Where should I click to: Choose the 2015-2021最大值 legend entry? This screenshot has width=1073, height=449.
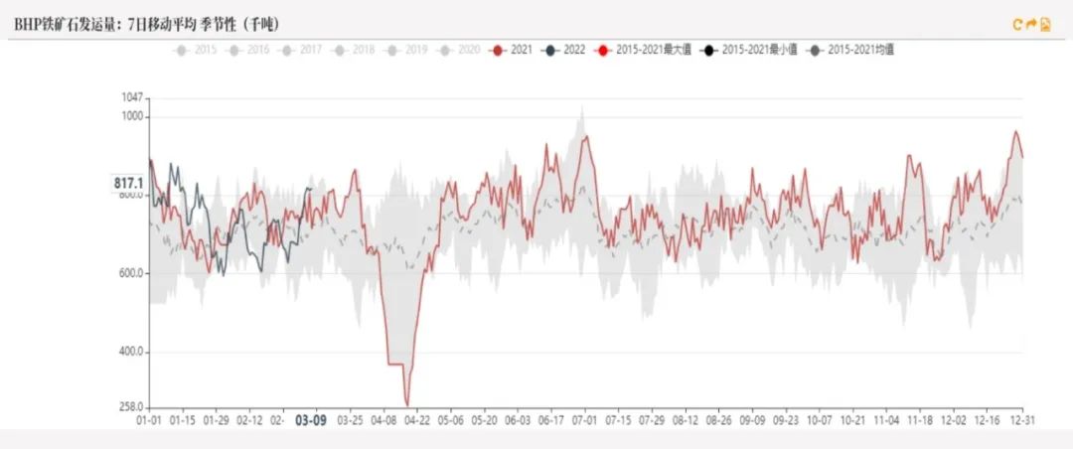[640, 49]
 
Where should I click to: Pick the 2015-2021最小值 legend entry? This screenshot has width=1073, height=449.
[747, 49]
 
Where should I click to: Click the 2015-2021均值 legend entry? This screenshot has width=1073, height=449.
[850, 49]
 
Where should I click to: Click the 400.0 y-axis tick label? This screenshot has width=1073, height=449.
[130, 352]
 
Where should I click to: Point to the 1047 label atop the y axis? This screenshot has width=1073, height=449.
[132, 97]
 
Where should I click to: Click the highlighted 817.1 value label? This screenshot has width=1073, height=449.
[129, 183]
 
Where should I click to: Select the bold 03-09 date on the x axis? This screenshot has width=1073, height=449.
[312, 420]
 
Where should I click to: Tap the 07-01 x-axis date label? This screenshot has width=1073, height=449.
[585, 420]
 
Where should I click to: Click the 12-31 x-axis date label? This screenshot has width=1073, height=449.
[1022, 420]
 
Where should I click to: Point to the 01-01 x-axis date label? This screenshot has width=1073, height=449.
[149, 420]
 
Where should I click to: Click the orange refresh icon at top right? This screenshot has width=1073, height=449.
[1017, 24]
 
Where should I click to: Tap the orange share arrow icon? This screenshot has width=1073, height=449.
[1031, 24]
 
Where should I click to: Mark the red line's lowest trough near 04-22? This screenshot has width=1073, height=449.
[407, 403]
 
